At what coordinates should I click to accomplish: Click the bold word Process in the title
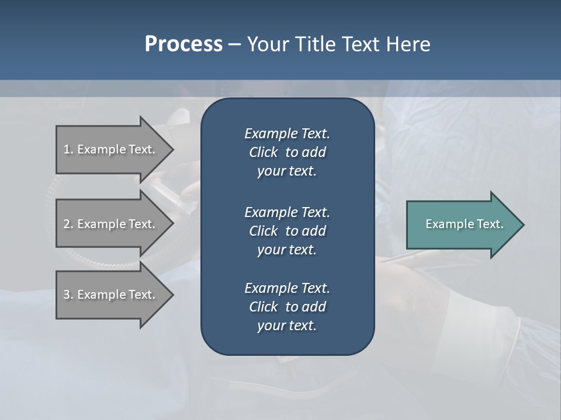183,44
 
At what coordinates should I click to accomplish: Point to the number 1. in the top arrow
68,149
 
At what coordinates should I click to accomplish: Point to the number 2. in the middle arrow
68,224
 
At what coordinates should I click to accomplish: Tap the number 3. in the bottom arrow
68,295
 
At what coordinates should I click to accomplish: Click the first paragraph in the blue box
287,152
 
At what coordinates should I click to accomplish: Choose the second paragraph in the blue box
287,230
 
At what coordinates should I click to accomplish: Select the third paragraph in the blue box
287,307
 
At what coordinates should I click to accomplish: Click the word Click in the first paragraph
264,152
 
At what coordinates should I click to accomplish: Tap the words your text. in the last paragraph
287,326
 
